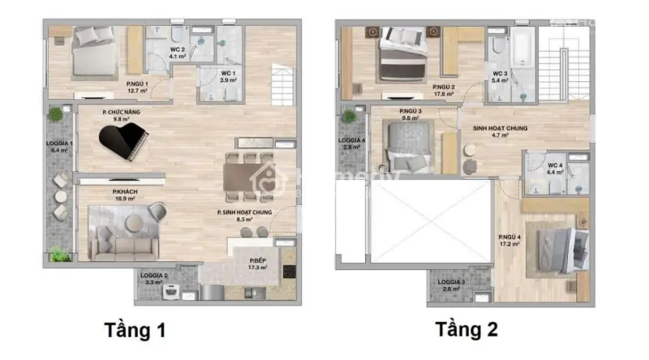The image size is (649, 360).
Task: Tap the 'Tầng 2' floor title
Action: tap(466, 330)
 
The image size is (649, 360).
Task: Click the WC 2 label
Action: tap(178, 53)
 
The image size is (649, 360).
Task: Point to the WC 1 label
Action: tap(229, 77)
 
